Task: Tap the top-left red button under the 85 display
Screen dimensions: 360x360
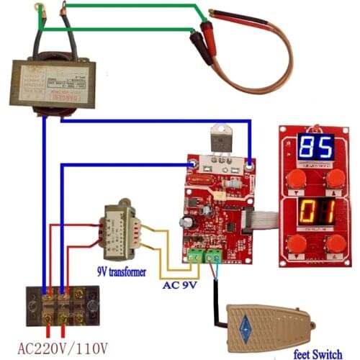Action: pyautogui.click(x=294, y=179)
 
